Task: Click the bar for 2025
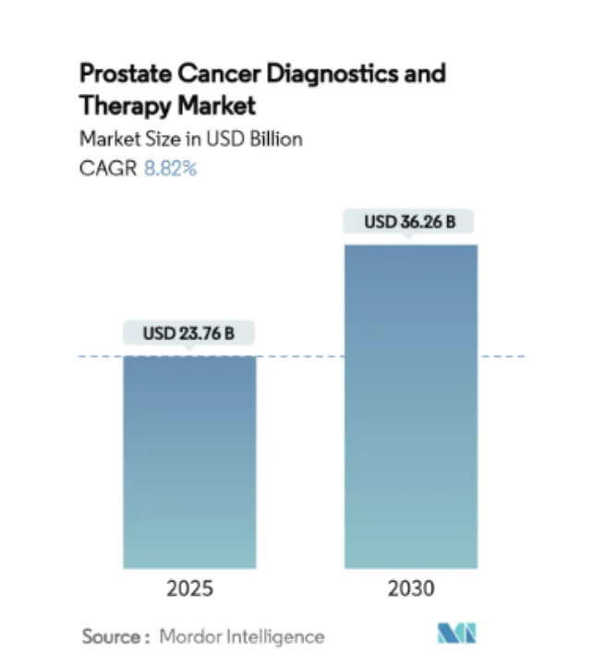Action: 189,462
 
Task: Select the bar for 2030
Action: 410,407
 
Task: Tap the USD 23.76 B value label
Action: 189,334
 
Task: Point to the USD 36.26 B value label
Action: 410,222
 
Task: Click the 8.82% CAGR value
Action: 169,168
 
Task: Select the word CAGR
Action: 106,168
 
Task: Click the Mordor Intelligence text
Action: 242,637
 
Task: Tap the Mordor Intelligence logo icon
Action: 456,635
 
